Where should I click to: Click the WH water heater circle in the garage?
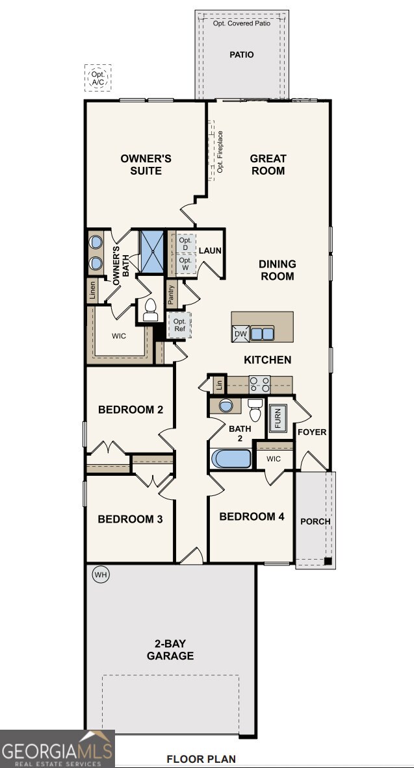(x=100, y=575)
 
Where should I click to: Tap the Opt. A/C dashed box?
(x=97, y=79)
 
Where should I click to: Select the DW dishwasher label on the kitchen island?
(x=240, y=334)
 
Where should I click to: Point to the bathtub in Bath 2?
(x=231, y=458)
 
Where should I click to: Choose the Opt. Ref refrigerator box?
(x=179, y=325)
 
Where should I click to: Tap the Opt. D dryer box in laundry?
(x=186, y=244)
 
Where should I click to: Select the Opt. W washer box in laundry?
(x=186, y=264)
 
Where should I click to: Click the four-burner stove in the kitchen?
(x=259, y=384)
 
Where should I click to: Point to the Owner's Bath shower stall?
(x=153, y=251)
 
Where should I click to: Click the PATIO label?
(x=242, y=55)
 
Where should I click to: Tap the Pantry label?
(x=171, y=295)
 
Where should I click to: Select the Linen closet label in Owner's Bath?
(x=92, y=291)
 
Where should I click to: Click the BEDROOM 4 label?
(x=252, y=517)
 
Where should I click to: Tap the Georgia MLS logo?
(x=57, y=749)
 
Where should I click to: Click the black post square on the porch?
(x=328, y=562)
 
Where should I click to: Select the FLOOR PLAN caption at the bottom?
(x=201, y=759)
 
